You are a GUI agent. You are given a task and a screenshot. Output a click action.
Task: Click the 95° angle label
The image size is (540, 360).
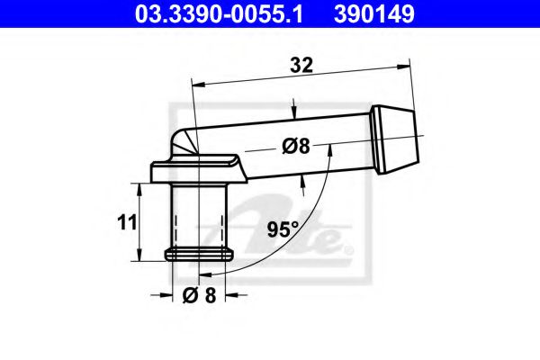(x=283, y=229)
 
